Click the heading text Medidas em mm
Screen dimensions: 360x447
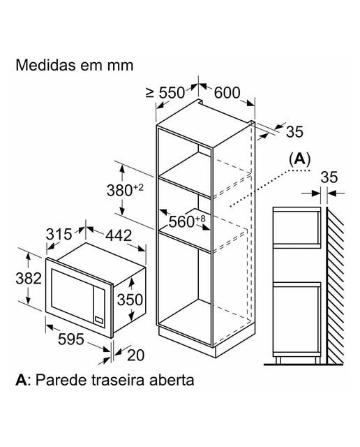75,65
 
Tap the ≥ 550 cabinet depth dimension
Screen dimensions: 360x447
165,93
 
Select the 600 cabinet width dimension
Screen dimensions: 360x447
227,93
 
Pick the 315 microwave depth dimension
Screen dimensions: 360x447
59,235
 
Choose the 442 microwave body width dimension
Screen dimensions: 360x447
119,235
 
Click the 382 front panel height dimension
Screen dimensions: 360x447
29,278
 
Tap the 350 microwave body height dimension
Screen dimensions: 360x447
130,300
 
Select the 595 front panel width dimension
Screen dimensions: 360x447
71,339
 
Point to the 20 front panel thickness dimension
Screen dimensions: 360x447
135,356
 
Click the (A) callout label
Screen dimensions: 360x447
299,159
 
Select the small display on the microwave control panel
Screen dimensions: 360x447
99,320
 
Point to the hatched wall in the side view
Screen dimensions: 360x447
335,286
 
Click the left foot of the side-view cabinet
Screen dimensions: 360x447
278,360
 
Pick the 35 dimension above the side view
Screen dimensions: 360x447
329,177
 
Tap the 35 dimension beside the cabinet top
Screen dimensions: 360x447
295,132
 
